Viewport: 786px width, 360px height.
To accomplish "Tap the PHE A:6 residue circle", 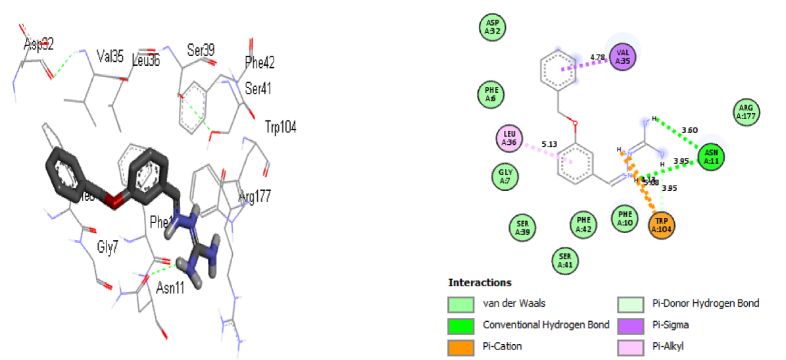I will click(490, 94).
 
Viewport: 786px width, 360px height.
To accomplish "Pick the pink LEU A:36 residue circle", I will click(510, 138).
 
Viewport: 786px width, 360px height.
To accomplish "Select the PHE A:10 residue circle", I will click(625, 217).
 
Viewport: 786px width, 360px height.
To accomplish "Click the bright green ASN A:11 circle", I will click(710, 158).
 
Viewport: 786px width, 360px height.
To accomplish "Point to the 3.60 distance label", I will click(689, 130).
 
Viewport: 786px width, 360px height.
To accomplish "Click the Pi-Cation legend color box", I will click(460, 346).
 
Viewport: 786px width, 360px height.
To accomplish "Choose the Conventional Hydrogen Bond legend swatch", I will click(460, 324).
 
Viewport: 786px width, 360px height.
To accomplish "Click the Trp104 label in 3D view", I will click(280, 127).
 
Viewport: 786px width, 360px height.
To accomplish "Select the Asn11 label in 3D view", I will click(170, 288).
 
